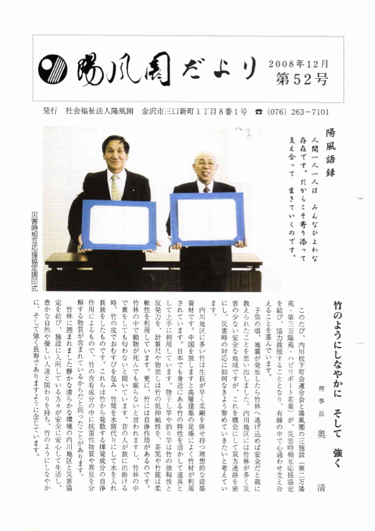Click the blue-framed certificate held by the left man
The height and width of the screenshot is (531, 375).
(x=118, y=224)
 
